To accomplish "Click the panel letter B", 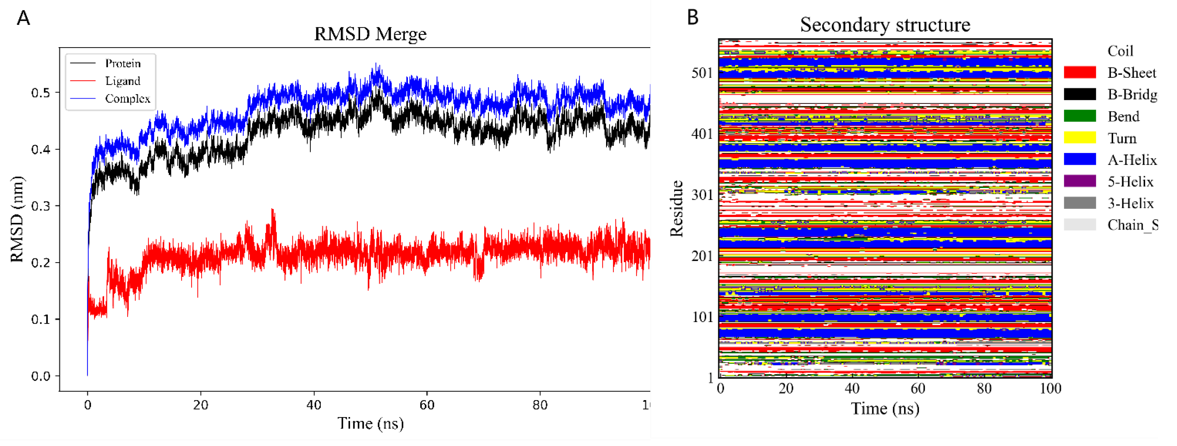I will pos(693,17).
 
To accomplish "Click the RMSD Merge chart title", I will pos(370,34).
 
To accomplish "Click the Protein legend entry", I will pos(122,63).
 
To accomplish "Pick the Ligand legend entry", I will pos(122,81).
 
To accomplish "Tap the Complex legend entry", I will pos(127,99).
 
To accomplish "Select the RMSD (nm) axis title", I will pos(17,219).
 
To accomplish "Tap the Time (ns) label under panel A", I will pos(370,424).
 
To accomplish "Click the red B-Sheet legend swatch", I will pos(1080,73).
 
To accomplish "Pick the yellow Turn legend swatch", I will pos(1080,138).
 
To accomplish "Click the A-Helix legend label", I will pos(1132,160).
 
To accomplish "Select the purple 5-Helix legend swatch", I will pos(1080,182).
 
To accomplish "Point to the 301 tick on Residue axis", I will pos(702,195).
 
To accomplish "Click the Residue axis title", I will pos(677,209).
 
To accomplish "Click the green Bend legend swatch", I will pos(1080,116).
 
